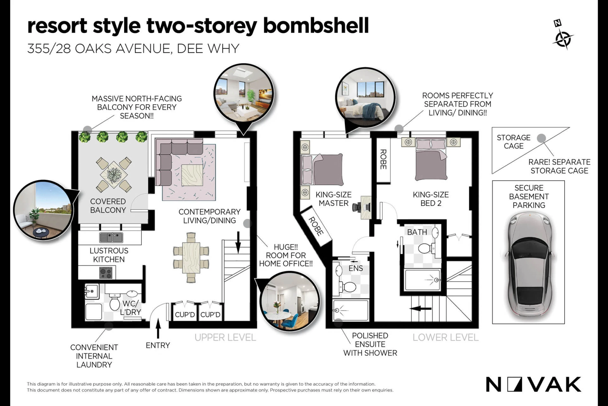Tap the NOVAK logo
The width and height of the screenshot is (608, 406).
[x=533, y=384]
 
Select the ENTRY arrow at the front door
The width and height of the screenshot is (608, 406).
[x=158, y=328]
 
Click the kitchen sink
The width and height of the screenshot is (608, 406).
[x=111, y=237]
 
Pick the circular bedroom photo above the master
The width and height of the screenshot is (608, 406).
[x=365, y=98]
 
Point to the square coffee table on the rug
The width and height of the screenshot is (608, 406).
[x=192, y=175]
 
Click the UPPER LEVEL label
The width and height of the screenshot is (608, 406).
[x=225, y=337]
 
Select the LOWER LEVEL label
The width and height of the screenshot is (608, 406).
[x=446, y=337]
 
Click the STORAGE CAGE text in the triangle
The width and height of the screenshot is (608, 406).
[x=514, y=142]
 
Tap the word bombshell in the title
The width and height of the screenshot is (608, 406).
[x=316, y=26]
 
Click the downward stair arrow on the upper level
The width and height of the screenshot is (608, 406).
[x=238, y=242]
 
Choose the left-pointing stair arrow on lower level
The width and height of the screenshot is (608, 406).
[x=421, y=309]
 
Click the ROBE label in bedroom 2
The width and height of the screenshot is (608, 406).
[x=383, y=159]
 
